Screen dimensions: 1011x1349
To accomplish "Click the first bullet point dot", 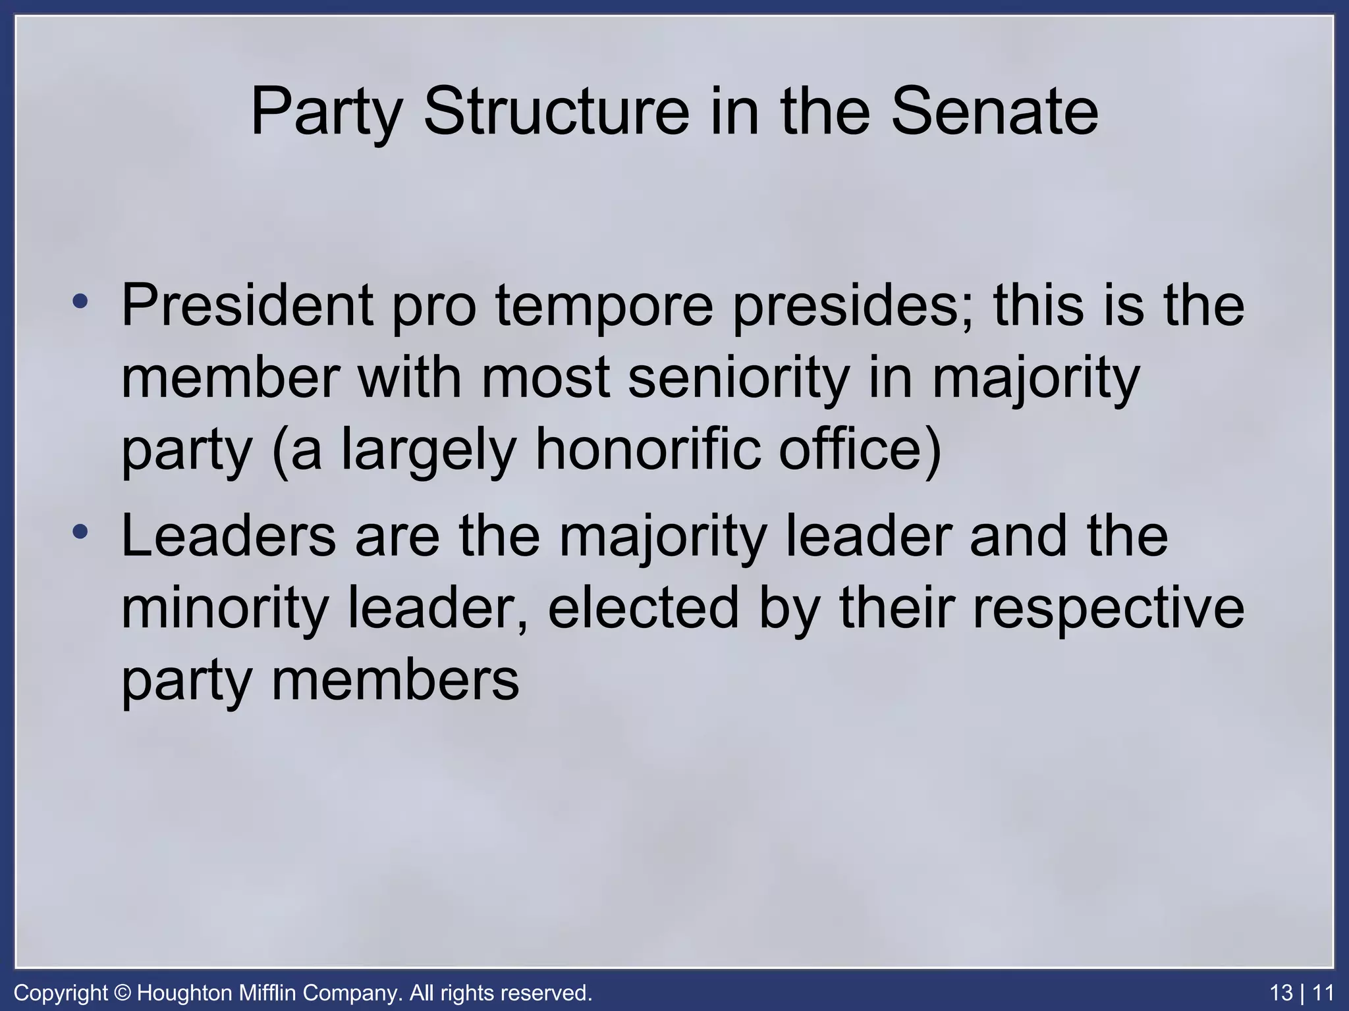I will click(x=80, y=302).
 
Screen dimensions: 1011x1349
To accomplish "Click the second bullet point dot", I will click(x=80, y=532).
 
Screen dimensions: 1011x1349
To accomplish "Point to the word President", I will click(x=247, y=305).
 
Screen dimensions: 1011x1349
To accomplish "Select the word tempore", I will click(x=604, y=305).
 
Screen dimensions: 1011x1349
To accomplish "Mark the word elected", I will click(x=643, y=608).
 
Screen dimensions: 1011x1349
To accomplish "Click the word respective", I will click(x=1108, y=608).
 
